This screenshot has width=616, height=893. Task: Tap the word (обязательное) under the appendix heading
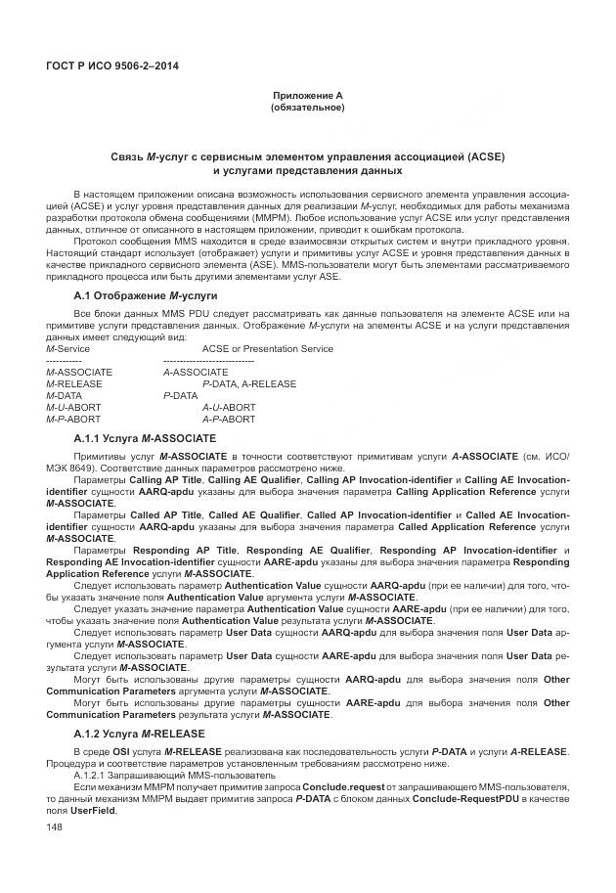pyautogui.click(x=308, y=107)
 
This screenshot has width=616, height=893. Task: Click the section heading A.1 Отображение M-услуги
pyautogui.click(x=146, y=295)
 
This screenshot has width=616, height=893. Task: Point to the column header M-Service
pyautogui.click(x=67, y=349)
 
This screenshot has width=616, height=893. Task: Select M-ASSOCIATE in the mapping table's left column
pyautogui.click(x=79, y=373)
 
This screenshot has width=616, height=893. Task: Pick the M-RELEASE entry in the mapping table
pyautogui.click(x=74, y=384)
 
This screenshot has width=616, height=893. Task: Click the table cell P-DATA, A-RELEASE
pyautogui.click(x=248, y=384)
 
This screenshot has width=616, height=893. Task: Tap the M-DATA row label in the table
pyautogui.click(x=66, y=396)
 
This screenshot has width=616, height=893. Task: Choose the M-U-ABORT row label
pyautogui.click(x=73, y=408)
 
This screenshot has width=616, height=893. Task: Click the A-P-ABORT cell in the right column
pyautogui.click(x=229, y=420)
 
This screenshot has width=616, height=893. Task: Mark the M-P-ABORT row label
pyautogui.click(x=73, y=420)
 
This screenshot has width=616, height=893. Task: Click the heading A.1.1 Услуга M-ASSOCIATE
pyautogui.click(x=145, y=438)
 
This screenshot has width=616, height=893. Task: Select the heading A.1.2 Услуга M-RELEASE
pyautogui.click(x=139, y=734)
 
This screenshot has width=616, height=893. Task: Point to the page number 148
pyautogui.click(x=55, y=828)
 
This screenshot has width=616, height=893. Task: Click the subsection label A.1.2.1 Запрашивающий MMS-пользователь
pyautogui.click(x=160, y=775)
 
